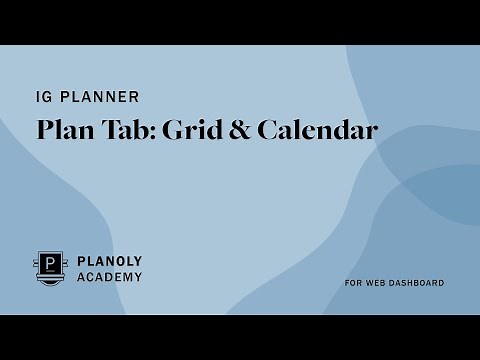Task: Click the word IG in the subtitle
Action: [43, 98]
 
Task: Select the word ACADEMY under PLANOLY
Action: [110, 277]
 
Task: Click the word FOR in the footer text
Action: [352, 283]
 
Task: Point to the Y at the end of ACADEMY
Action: [137, 277]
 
